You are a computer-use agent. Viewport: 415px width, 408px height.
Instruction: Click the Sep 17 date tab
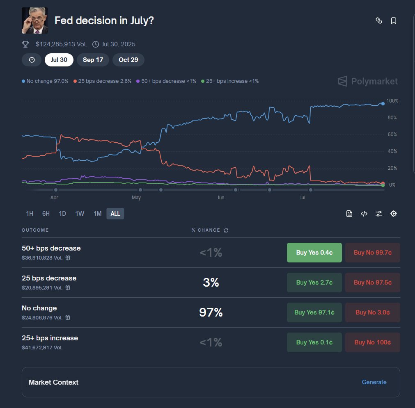(x=93, y=60)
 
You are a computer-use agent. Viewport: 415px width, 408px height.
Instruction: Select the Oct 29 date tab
(x=128, y=60)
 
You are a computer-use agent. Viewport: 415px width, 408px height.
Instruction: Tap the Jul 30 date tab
(x=59, y=60)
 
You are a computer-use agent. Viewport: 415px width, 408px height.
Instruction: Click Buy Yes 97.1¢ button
(x=314, y=312)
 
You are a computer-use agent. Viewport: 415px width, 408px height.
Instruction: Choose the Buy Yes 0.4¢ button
(x=314, y=253)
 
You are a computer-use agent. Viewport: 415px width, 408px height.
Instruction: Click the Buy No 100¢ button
(x=372, y=342)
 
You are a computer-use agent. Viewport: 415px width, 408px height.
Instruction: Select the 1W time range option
(x=80, y=214)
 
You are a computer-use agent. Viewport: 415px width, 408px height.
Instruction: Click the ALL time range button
(x=115, y=214)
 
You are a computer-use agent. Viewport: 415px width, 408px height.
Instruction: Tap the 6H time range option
(x=46, y=214)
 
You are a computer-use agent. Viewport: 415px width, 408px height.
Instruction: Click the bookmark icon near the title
(x=393, y=21)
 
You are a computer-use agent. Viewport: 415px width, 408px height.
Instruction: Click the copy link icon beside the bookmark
(x=379, y=21)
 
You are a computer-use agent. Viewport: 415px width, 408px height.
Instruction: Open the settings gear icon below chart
(x=393, y=214)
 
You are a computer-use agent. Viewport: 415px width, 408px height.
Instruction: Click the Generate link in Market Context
(x=374, y=382)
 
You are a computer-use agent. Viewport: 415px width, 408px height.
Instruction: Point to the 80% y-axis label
(x=392, y=118)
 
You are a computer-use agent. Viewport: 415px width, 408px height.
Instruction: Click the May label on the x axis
(x=136, y=198)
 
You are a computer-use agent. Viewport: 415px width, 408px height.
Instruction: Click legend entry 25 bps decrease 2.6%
(x=103, y=81)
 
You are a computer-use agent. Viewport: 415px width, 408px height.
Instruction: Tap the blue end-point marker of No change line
(x=383, y=104)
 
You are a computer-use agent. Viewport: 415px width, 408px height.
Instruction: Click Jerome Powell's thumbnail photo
(x=35, y=21)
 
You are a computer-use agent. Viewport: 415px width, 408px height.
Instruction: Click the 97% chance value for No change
(x=211, y=313)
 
